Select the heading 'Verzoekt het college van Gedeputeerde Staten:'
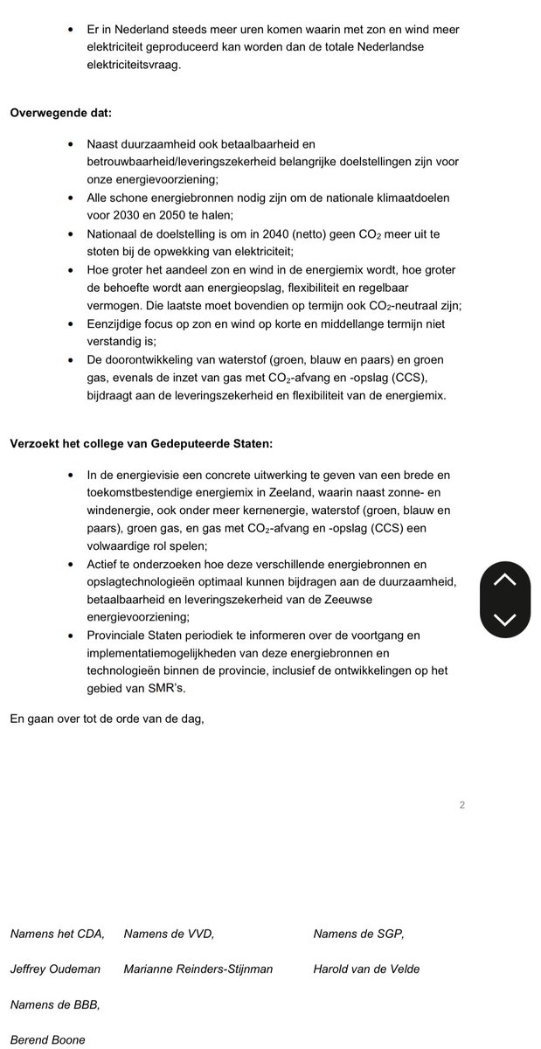(141, 443)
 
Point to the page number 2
(461, 805)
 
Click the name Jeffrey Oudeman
(55, 969)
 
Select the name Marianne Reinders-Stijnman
(198, 969)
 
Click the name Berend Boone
(47, 1039)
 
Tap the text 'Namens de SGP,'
(358, 934)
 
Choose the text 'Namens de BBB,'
(54, 1004)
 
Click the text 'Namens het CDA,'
(57, 934)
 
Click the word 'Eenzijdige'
(116, 324)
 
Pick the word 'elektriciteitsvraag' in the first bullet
(135, 64)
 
